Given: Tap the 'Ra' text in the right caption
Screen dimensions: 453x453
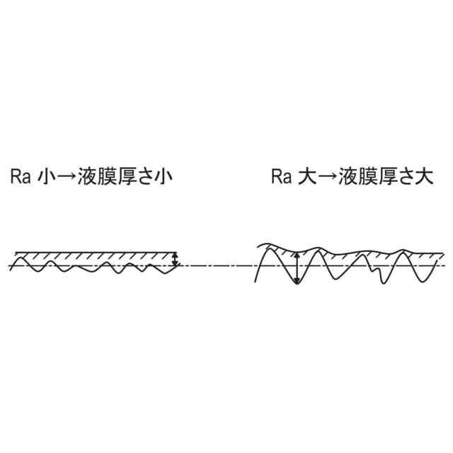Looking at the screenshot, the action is [280, 176].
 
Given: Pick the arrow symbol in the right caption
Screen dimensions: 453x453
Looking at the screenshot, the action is [323, 176].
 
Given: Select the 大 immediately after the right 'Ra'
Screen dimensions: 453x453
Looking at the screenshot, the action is [305, 176].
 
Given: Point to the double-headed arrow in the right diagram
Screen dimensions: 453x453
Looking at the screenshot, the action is [297, 268].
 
